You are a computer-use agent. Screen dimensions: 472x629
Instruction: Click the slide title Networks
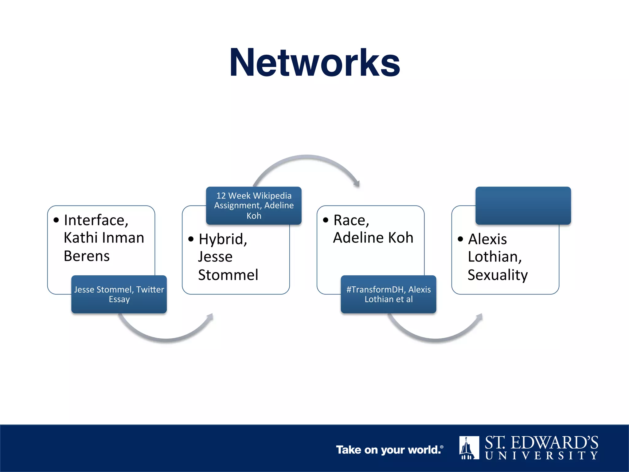click(314, 63)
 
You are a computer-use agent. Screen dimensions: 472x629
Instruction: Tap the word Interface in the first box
click(95, 220)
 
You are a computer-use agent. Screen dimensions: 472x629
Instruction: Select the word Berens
click(87, 256)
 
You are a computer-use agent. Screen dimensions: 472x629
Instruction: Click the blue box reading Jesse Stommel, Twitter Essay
click(119, 294)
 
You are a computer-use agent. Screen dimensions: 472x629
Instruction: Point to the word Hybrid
click(222, 239)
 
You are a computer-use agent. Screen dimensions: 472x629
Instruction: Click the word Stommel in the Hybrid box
click(228, 275)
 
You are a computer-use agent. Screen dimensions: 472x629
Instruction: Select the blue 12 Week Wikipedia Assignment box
click(254, 205)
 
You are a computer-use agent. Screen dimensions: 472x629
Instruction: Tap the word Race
click(351, 220)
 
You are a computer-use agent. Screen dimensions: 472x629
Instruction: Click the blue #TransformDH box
click(389, 294)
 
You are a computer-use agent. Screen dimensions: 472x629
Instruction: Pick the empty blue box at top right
click(523, 205)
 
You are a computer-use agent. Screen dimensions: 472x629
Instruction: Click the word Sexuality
click(498, 275)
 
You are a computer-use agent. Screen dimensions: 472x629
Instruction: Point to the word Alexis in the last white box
click(487, 239)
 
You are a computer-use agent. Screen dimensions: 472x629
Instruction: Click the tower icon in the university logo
click(469, 448)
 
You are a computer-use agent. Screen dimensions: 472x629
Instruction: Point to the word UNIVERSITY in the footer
click(541, 455)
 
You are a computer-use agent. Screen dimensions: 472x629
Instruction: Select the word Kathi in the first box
click(80, 238)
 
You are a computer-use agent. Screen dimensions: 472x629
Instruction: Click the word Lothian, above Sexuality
click(494, 257)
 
